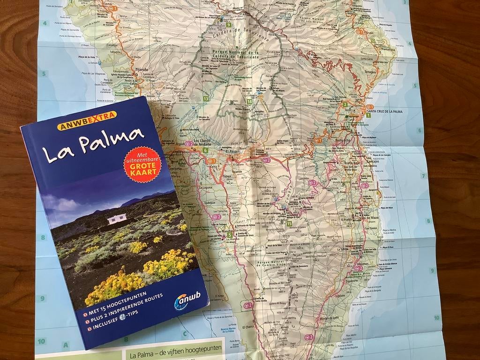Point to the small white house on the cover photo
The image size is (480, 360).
tap(117, 219)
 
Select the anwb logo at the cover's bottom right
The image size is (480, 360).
tap(187, 299)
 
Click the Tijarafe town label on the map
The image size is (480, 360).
tap(141, 69)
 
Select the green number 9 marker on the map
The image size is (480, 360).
tap(229, 25)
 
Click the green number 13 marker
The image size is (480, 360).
tap(206, 98)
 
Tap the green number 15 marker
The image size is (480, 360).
tap(289, 224)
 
